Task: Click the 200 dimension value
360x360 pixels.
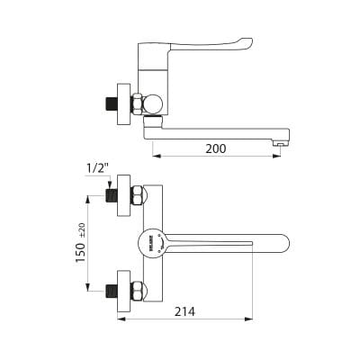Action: pos(216,148)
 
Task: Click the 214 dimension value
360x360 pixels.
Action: pos(184,311)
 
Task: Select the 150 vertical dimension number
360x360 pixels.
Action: pos(81,253)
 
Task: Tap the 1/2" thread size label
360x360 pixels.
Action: pos(97,169)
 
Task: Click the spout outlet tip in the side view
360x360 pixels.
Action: pos(282,144)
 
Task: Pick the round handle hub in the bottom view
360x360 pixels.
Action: pos(151,243)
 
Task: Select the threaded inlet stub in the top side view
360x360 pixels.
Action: pos(112,104)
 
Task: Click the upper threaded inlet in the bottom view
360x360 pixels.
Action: pos(112,195)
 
